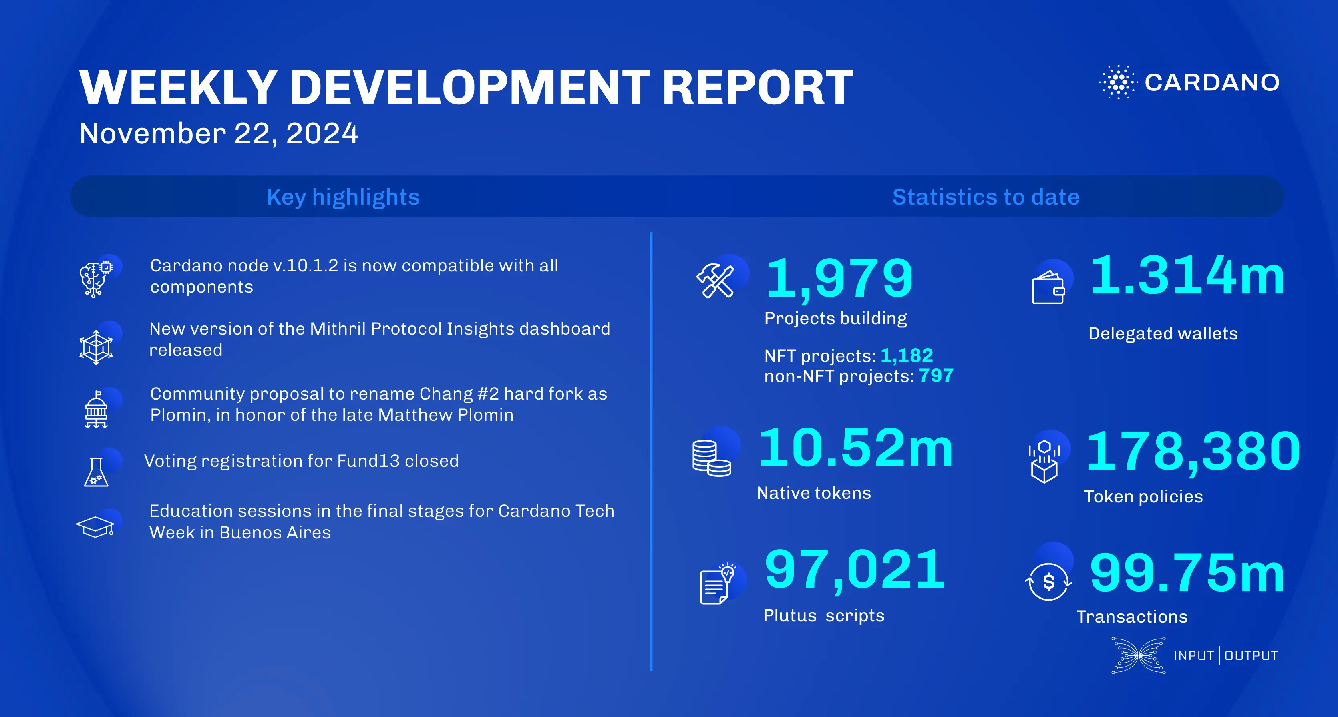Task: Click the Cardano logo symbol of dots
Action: tap(1118, 82)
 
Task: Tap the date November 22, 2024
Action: tap(219, 133)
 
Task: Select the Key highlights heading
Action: tap(343, 197)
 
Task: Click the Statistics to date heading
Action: tap(985, 197)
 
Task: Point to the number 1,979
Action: tap(839, 279)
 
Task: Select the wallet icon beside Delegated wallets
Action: tap(1048, 288)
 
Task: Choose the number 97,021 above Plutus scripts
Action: tap(855, 570)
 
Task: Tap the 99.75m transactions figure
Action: tap(1187, 573)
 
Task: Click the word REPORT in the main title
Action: tap(757, 88)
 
